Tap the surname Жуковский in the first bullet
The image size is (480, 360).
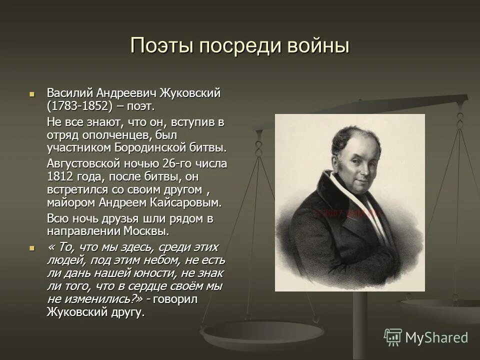tap(190, 93)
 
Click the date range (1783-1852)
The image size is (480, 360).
tap(77, 106)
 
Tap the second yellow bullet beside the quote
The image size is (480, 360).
tap(32, 247)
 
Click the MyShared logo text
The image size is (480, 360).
tap(436, 337)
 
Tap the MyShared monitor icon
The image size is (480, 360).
tap(392, 337)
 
